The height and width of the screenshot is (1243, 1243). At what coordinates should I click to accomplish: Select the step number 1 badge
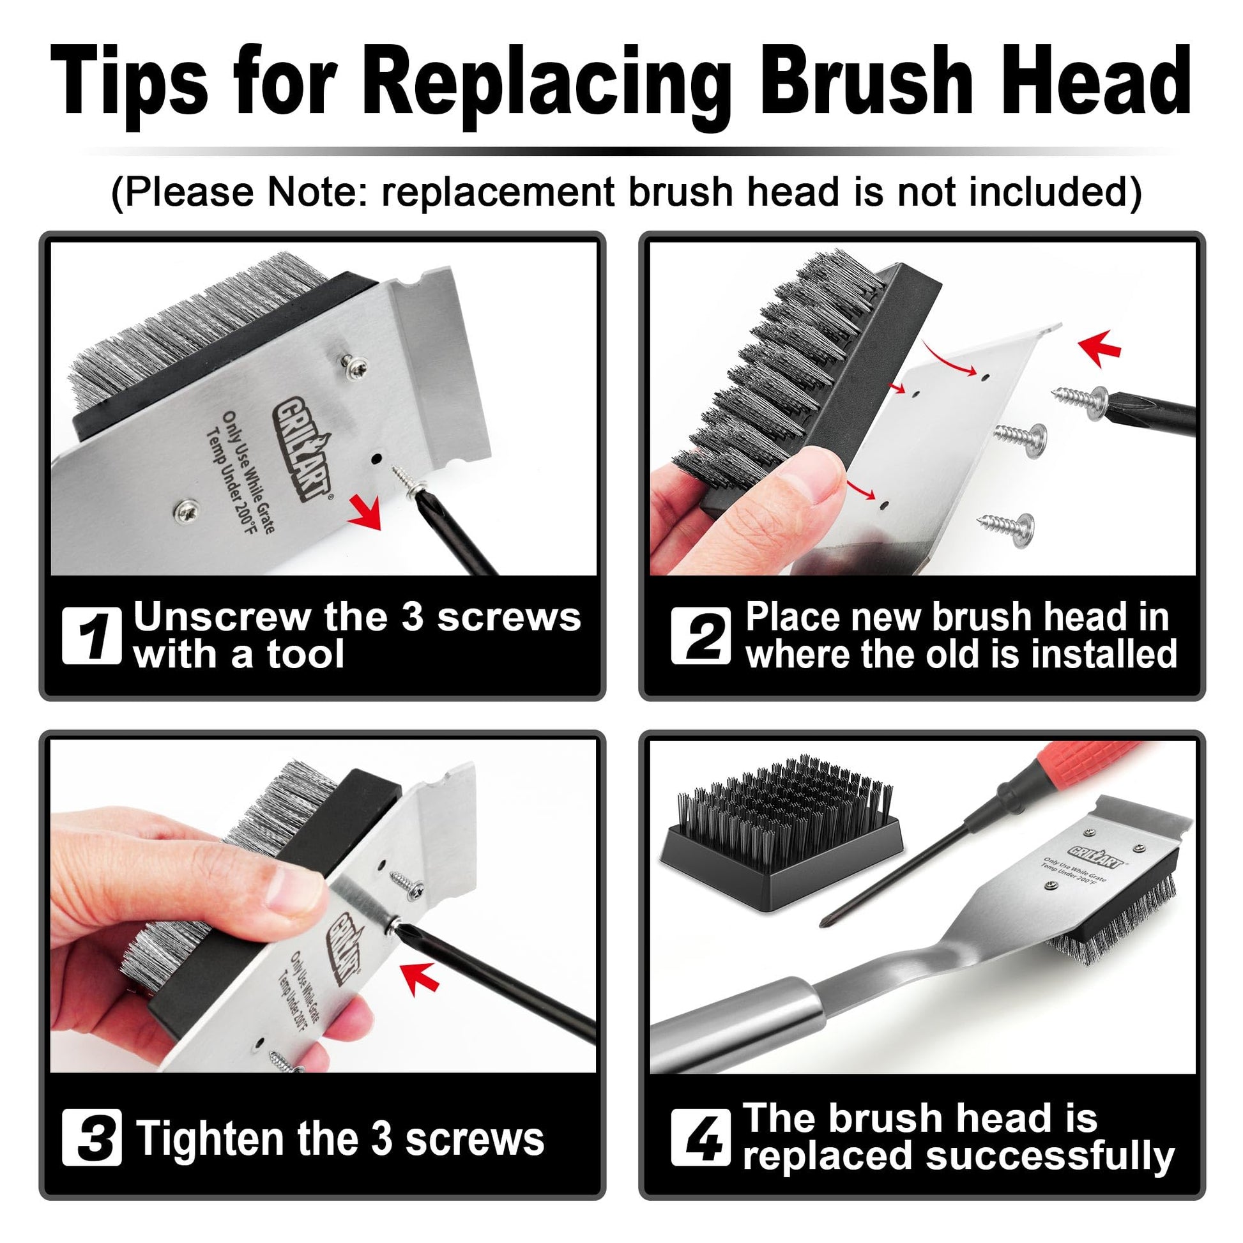pos(91,635)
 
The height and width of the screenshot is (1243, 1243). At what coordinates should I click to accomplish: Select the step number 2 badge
pos(701,635)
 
